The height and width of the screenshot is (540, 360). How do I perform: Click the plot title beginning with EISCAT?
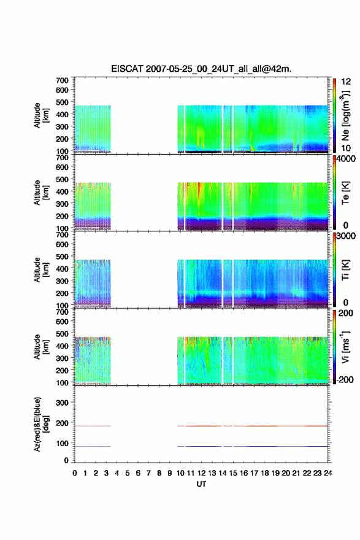[201, 69]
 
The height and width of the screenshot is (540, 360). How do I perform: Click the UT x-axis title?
[201, 484]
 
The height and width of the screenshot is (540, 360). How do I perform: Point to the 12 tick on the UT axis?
[201, 473]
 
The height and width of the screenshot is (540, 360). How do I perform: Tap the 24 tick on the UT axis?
[327, 473]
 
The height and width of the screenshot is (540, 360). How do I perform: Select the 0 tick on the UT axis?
[75, 473]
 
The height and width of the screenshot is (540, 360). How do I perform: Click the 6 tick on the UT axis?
[138, 473]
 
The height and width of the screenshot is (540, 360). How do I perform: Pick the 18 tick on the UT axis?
[265, 473]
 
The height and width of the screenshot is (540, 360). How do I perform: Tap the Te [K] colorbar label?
[345, 193]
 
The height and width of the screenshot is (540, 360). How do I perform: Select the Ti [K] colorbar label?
[345, 270]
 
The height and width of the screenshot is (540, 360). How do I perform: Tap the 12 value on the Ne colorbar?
[346, 81]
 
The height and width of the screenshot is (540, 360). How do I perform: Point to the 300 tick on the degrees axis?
[62, 403]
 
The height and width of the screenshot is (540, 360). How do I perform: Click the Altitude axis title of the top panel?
[41, 115]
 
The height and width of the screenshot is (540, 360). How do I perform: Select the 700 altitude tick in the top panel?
[62, 80]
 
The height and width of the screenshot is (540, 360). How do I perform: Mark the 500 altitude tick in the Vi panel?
[62, 333]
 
